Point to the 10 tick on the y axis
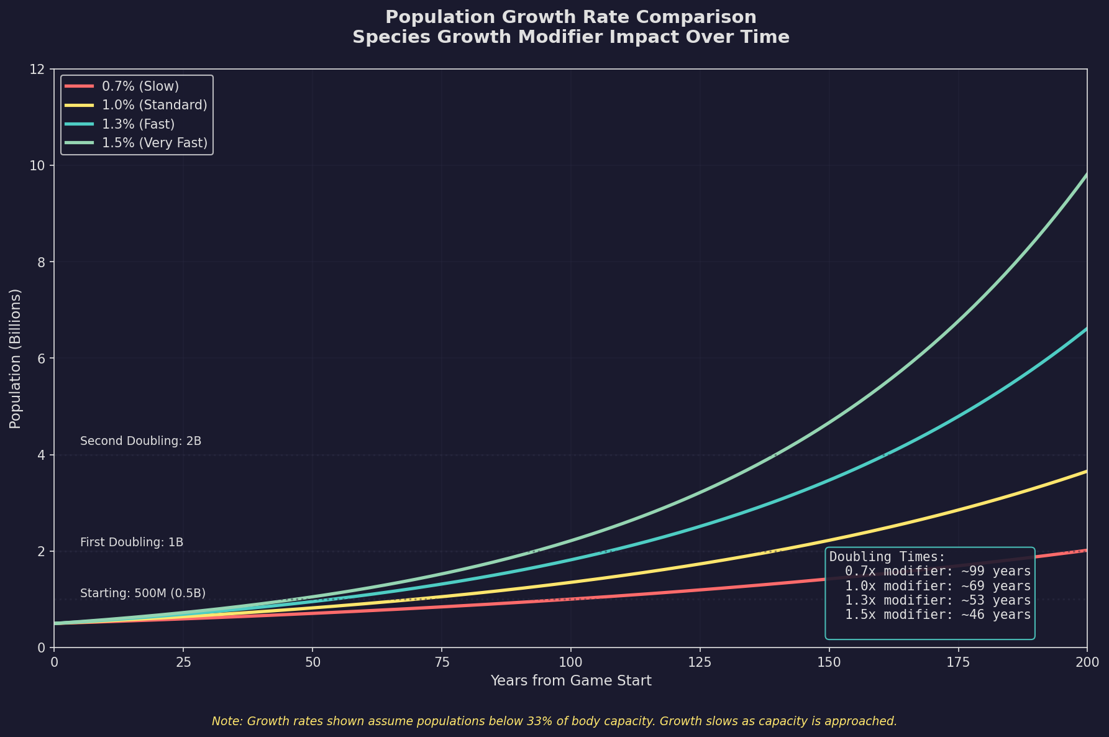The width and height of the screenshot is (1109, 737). (x=40, y=166)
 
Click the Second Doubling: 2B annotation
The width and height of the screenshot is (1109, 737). (x=141, y=441)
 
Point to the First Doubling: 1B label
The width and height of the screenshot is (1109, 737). (x=132, y=542)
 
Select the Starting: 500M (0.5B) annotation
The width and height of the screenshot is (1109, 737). (x=143, y=593)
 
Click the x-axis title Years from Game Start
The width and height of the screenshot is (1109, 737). (x=570, y=681)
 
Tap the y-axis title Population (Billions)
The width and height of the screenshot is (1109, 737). (x=16, y=359)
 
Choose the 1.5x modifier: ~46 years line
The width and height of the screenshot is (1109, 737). (x=938, y=615)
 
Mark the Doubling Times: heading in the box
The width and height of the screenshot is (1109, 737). (x=887, y=557)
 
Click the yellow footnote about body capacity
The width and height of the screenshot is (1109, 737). (x=554, y=721)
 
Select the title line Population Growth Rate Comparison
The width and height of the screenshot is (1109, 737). (x=570, y=17)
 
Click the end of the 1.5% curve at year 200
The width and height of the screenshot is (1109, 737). (x=1086, y=175)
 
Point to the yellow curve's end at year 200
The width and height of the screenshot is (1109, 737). (x=1086, y=472)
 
